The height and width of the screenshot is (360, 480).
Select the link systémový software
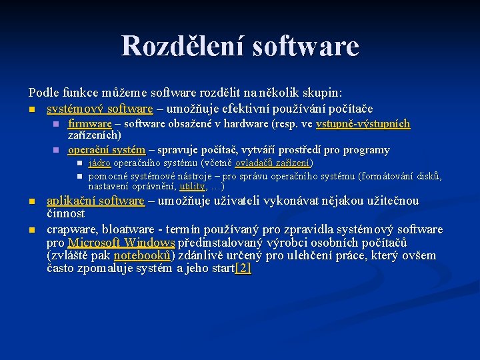pyautogui.click(x=99, y=109)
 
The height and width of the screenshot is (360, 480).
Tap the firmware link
pyautogui.click(x=90, y=124)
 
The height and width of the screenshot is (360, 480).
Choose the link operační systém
pyautogui.click(x=107, y=149)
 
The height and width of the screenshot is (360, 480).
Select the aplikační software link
pyautogui.click(x=95, y=201)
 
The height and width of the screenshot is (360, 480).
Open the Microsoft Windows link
pyautogui.click(x=121, y=243)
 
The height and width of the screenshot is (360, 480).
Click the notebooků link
pyautogui.click(x=143, y=256)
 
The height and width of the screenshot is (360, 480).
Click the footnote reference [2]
pyautogui.click(x=243, y=269)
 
